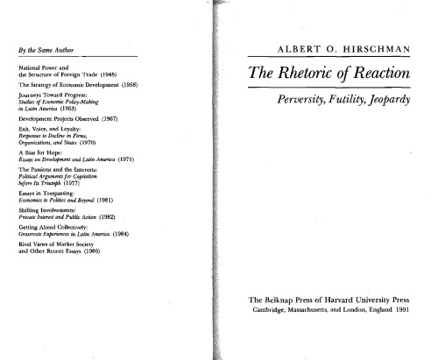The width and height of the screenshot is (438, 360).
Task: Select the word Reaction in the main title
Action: point(385,73)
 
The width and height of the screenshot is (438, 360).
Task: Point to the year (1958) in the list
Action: point(145,85)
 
